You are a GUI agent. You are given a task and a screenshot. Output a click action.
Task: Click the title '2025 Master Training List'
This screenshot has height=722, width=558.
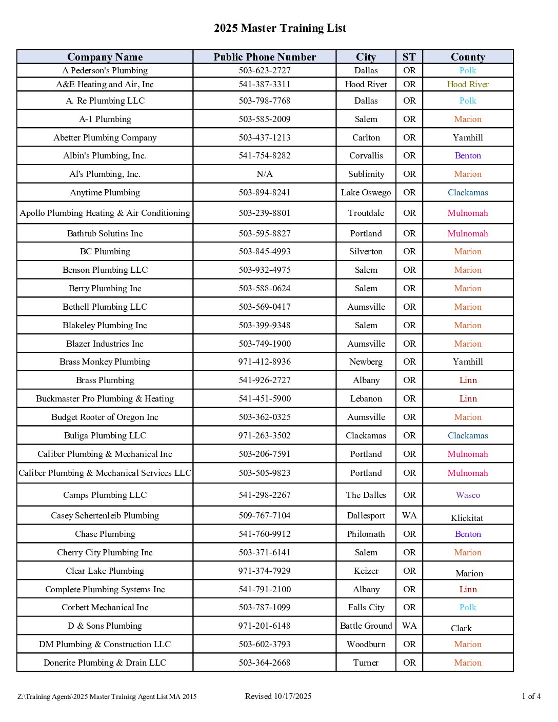(x=280, y=28)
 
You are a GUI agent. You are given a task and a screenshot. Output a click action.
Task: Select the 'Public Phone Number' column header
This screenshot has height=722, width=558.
(x=265, y=57)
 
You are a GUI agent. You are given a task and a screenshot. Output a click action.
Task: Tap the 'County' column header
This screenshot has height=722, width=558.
(x=468, y=57)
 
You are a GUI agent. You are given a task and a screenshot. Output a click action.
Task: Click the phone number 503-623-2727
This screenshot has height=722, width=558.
(x=265, y=70)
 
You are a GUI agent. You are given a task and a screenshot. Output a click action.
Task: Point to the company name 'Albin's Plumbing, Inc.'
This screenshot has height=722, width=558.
(x=105, y=155)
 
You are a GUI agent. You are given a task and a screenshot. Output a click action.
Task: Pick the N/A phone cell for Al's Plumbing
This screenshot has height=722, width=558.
(x=265, y=174)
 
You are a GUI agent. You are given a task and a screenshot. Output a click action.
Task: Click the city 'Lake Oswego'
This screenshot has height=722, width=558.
(x=366, y=192)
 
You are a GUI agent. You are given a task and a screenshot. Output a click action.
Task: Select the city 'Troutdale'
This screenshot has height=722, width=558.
(x=366, y=213)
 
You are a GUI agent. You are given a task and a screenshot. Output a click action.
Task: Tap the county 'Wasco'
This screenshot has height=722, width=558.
(x=468, y=495)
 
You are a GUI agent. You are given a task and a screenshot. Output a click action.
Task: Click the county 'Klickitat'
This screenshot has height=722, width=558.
(x=467, y=518)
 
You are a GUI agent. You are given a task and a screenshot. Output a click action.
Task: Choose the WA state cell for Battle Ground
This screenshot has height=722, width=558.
(x=409, y=626)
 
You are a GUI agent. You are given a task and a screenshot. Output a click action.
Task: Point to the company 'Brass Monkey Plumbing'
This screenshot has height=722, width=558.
(x=105, y=362)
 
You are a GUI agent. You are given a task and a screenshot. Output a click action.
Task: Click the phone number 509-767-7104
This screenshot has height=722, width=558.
(x=265, y=515)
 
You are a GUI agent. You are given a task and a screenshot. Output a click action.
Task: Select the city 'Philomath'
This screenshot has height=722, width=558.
(x=366, y=534)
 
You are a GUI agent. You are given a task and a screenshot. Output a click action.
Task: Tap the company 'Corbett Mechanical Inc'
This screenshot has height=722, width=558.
(x=105, y=607)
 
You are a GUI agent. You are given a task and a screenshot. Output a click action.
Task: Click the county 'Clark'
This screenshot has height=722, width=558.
(x=461, y=628)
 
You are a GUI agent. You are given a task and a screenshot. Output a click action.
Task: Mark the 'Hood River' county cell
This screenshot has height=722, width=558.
(x=468, y=84)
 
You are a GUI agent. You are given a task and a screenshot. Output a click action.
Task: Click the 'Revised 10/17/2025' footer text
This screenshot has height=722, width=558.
(x=278, y=696)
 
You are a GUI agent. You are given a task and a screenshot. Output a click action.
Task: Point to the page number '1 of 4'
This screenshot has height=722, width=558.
(x=531, y=696)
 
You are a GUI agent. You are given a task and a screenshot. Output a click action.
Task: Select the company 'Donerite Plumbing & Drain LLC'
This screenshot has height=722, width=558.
(x=105, y=663)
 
